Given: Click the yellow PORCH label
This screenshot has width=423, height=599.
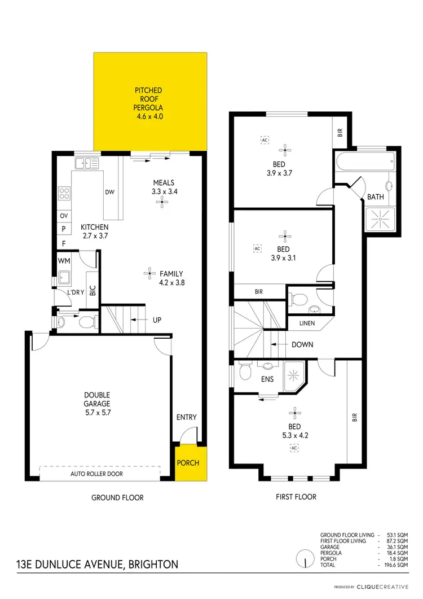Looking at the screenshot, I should coord(188,463).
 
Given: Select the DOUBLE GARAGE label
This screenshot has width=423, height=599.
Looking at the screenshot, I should coord(98,399).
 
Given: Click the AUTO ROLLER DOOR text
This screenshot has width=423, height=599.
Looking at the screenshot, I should coord(96,474).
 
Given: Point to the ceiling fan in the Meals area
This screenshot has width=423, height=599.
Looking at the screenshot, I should coord(163,204).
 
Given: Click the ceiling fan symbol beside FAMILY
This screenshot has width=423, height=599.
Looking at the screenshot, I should coord(149,274).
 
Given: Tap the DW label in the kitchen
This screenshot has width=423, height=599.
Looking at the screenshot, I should coord(109,192).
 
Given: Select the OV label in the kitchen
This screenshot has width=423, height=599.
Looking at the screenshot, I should coord(63,216).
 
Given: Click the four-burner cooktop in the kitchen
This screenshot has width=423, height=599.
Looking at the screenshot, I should coord(64,194).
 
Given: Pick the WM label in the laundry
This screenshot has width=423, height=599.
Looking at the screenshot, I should coord(64,261).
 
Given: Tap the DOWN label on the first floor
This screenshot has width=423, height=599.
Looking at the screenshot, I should coord(302,344).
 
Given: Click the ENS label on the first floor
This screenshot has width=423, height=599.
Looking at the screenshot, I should coord(267,379).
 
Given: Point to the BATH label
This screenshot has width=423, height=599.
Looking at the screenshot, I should coord(376,197).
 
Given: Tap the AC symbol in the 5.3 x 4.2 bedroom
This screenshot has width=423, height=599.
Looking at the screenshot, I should coord(294,448).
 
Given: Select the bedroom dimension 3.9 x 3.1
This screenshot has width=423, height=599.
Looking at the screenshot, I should coord(283,257).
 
